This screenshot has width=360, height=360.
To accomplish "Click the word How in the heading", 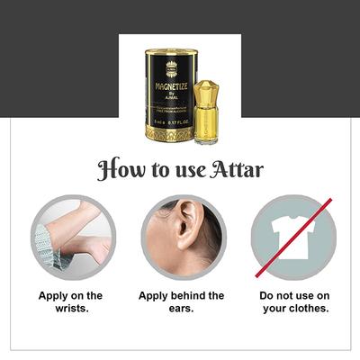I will (120, 170).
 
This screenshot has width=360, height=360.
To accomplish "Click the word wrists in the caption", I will (70, 309).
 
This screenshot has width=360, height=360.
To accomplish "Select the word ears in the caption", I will (181, 309).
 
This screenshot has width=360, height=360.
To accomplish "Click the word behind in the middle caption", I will (191, 296).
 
